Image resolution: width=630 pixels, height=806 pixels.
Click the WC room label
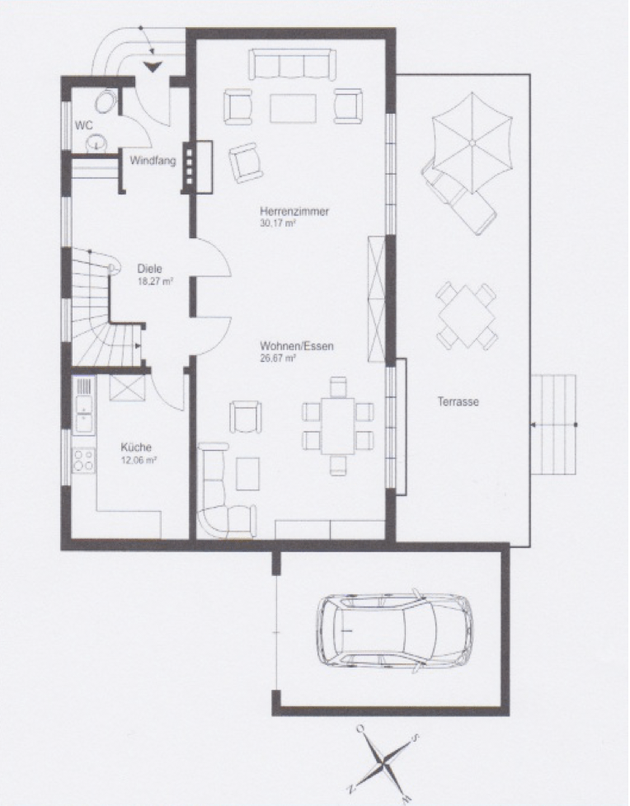click(x=84, y=125)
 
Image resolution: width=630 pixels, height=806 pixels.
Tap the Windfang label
click(x=153, y=161)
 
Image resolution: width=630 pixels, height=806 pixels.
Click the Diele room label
click(x=149, y=269)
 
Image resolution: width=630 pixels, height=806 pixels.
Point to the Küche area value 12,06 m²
click(x=139, y=461)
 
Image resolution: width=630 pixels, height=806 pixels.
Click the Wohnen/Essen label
click(x=297, y=346)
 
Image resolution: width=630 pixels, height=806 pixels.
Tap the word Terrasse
click(x=458, y=401)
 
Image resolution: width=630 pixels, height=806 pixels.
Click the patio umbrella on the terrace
click(x=472, y=143)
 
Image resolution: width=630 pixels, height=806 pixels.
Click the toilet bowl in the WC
click(x=106, y=101)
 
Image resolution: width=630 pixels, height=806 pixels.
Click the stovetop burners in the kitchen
click(x=84, y=461)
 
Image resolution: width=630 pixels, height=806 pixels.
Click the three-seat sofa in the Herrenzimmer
click(x=292, y=64)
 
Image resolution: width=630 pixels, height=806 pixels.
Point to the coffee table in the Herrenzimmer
click(x=293, y=108)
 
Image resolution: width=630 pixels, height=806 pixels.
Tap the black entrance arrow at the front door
click(x=153, y=67)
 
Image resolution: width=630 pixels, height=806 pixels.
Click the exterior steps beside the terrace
click(x=553, y=425)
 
